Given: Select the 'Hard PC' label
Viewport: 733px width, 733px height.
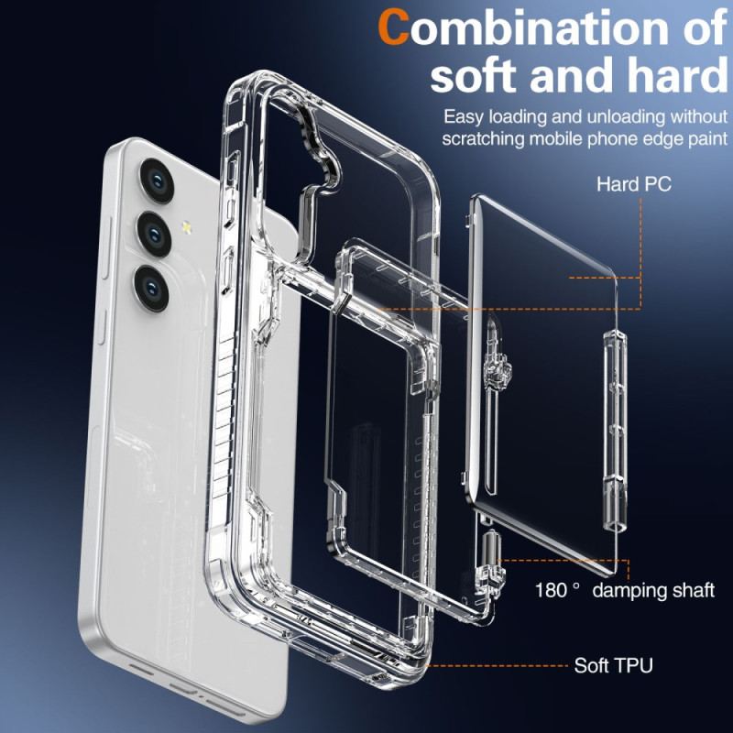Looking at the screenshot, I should point(634,184).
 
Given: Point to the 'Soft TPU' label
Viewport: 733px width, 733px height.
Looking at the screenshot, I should point(613,665).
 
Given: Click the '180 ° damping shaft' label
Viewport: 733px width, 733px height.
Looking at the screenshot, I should point(625,589).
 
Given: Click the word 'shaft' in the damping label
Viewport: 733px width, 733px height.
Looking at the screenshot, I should point(692,589).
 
